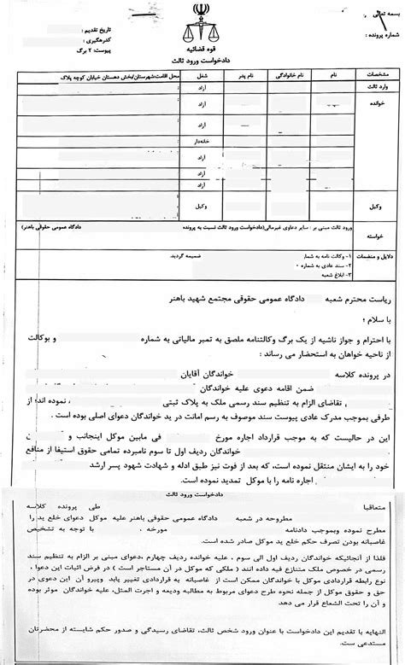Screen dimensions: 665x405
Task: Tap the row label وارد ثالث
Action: (x=376, y=86)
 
